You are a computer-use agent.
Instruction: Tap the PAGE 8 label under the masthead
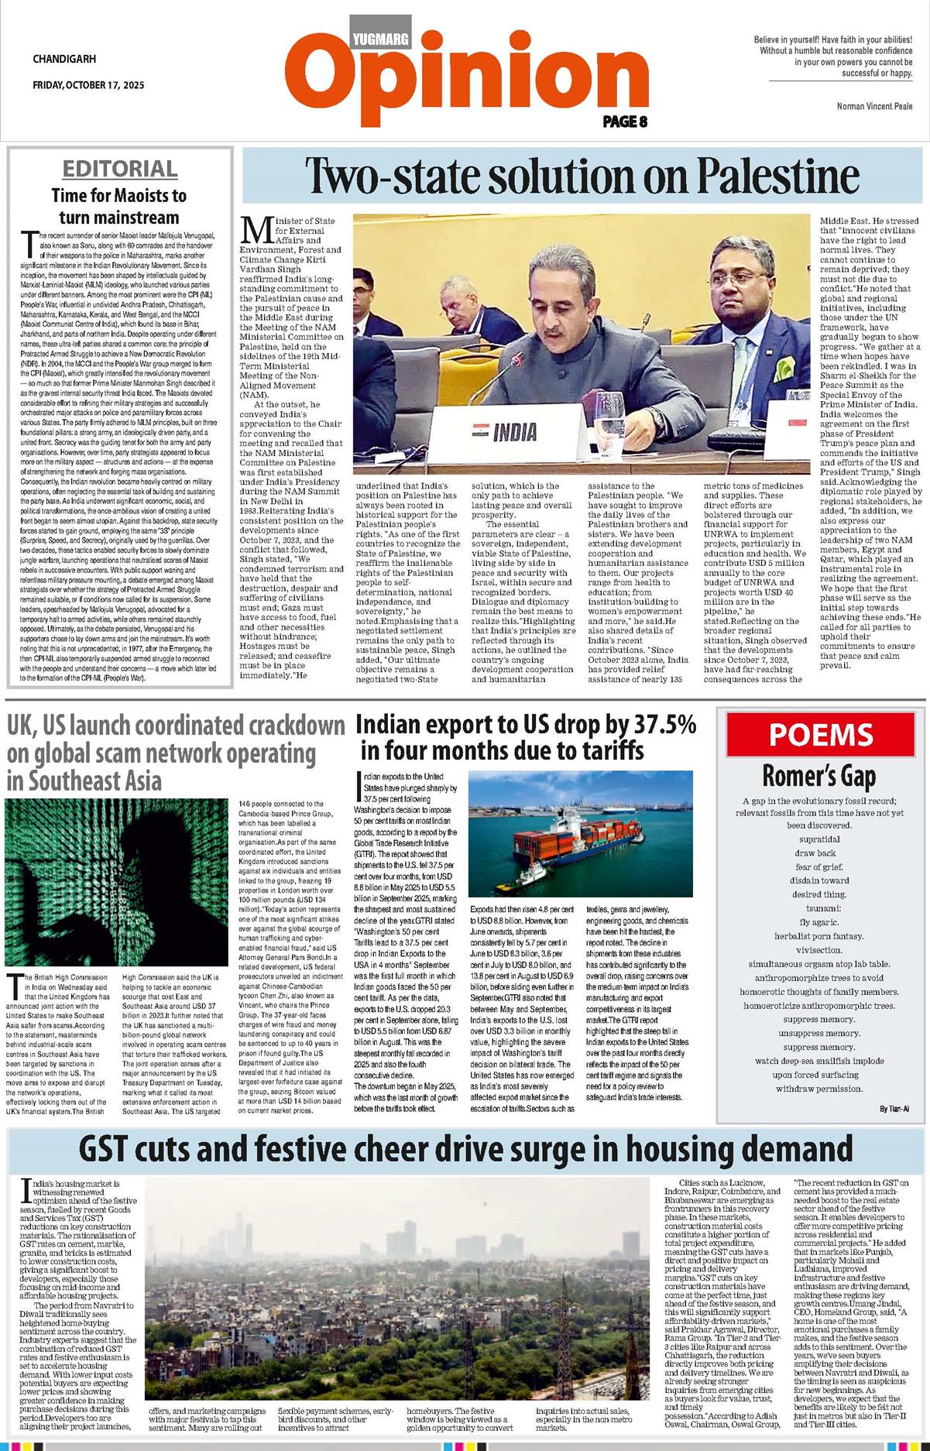point(624,121)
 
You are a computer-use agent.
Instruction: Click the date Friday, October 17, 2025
point(88,85)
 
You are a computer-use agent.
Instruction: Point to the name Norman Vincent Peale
point(874,106)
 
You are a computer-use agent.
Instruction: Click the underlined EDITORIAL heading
point(120,169)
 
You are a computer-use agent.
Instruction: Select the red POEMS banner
point(820,734)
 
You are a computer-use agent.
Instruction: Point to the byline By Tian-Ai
point(894,1109)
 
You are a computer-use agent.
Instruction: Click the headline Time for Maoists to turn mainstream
point(119,206)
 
